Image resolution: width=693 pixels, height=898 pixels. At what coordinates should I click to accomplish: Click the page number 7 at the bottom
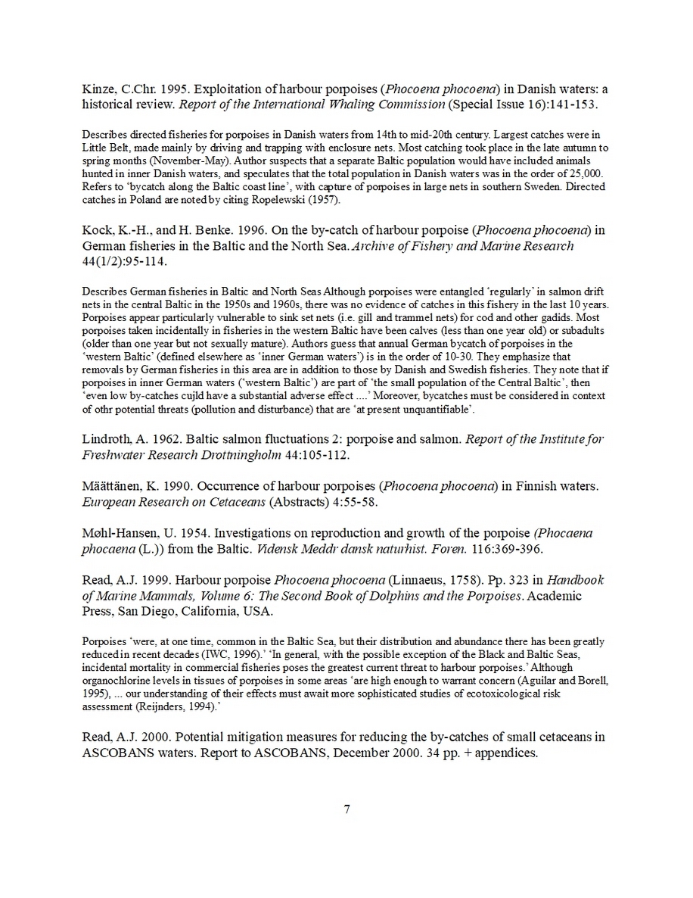(x=346, y=809)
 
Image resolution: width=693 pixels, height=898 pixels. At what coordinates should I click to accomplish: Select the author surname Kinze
(x=98, y=89)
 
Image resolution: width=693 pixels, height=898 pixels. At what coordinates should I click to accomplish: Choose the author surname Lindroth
(x=107, y=440)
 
